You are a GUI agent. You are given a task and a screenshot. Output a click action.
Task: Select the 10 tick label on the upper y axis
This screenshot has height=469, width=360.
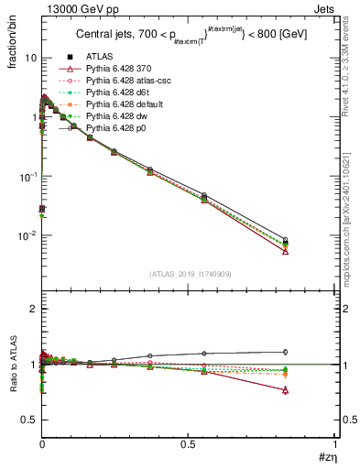(x=29, y=57)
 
